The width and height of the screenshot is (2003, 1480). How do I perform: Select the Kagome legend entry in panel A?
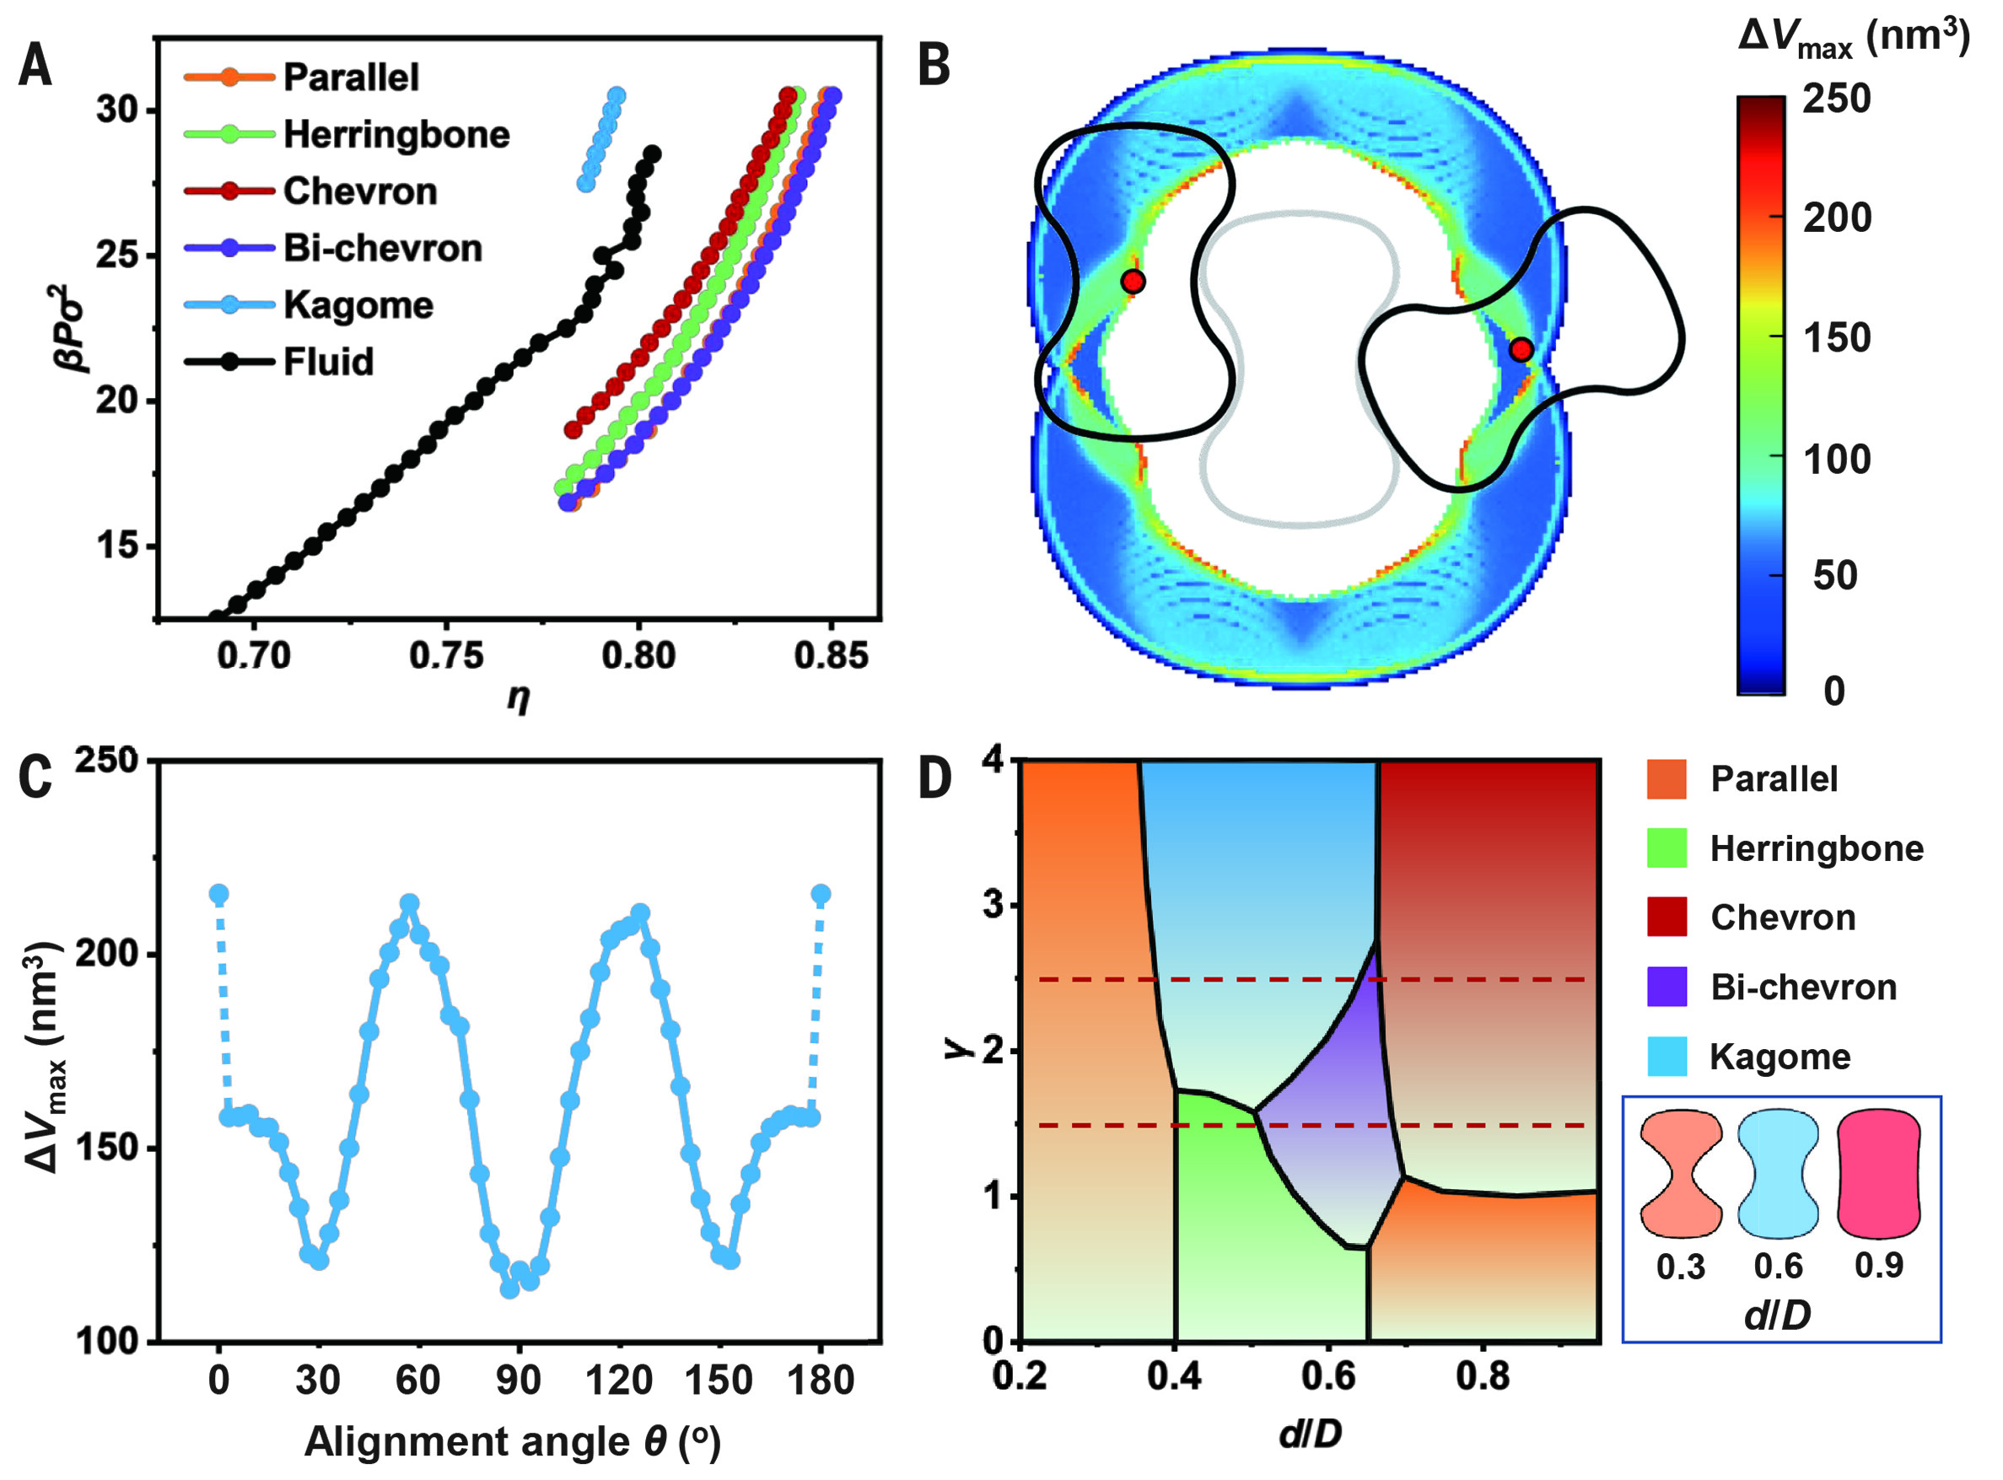coord(358,304)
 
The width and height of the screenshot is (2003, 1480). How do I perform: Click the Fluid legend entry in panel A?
coord(328,362)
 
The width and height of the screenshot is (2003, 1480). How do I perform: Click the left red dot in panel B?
coord(1133,282)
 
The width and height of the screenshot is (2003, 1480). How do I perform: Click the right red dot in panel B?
coord(1520,349)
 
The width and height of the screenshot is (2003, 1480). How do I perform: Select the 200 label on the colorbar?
coord(1836,218)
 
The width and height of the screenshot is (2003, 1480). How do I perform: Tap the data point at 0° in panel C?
coord(218,894)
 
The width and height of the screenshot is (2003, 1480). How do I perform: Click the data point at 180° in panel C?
coord(821,894)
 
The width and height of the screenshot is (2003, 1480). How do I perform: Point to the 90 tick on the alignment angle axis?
coord(519,1380)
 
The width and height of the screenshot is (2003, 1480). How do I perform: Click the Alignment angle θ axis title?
coord(513,1441)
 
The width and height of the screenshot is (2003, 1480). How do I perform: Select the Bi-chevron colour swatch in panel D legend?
coord(1666,987)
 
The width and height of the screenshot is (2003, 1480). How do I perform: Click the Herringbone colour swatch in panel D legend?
coord(1666,848)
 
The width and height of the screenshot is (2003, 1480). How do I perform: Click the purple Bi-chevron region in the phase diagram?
coord(1335,1120)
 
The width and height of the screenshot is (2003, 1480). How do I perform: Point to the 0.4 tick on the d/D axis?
coord(1174,1375)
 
